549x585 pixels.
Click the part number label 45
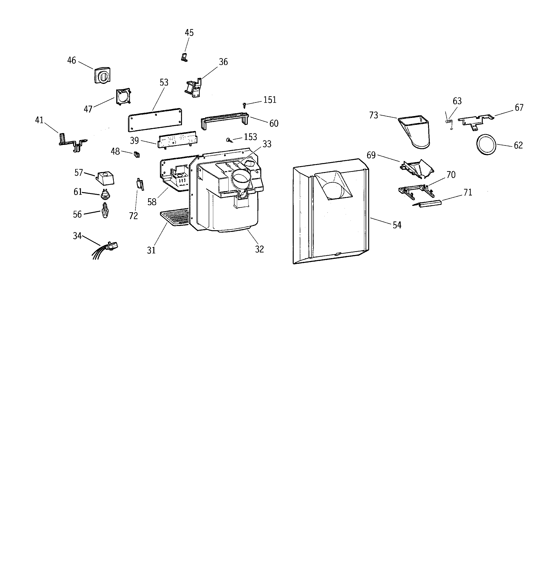point(189,33)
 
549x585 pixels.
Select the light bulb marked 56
point(105,211)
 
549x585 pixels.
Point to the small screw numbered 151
point(244,104)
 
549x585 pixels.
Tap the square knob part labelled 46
point(102,76)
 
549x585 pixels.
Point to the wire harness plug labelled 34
point(112,246)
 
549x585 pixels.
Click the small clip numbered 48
point(137,155)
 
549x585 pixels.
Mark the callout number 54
point(397,225)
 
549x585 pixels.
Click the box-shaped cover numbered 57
point(105,178)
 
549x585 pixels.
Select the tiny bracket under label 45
point(184,57)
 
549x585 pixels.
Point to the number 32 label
point(259,249)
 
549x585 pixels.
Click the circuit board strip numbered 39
point(177,139)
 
